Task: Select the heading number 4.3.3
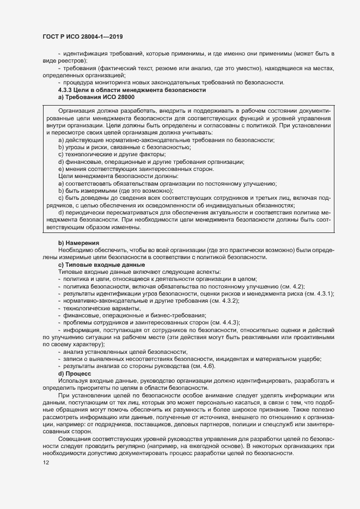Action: click(67, 89)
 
